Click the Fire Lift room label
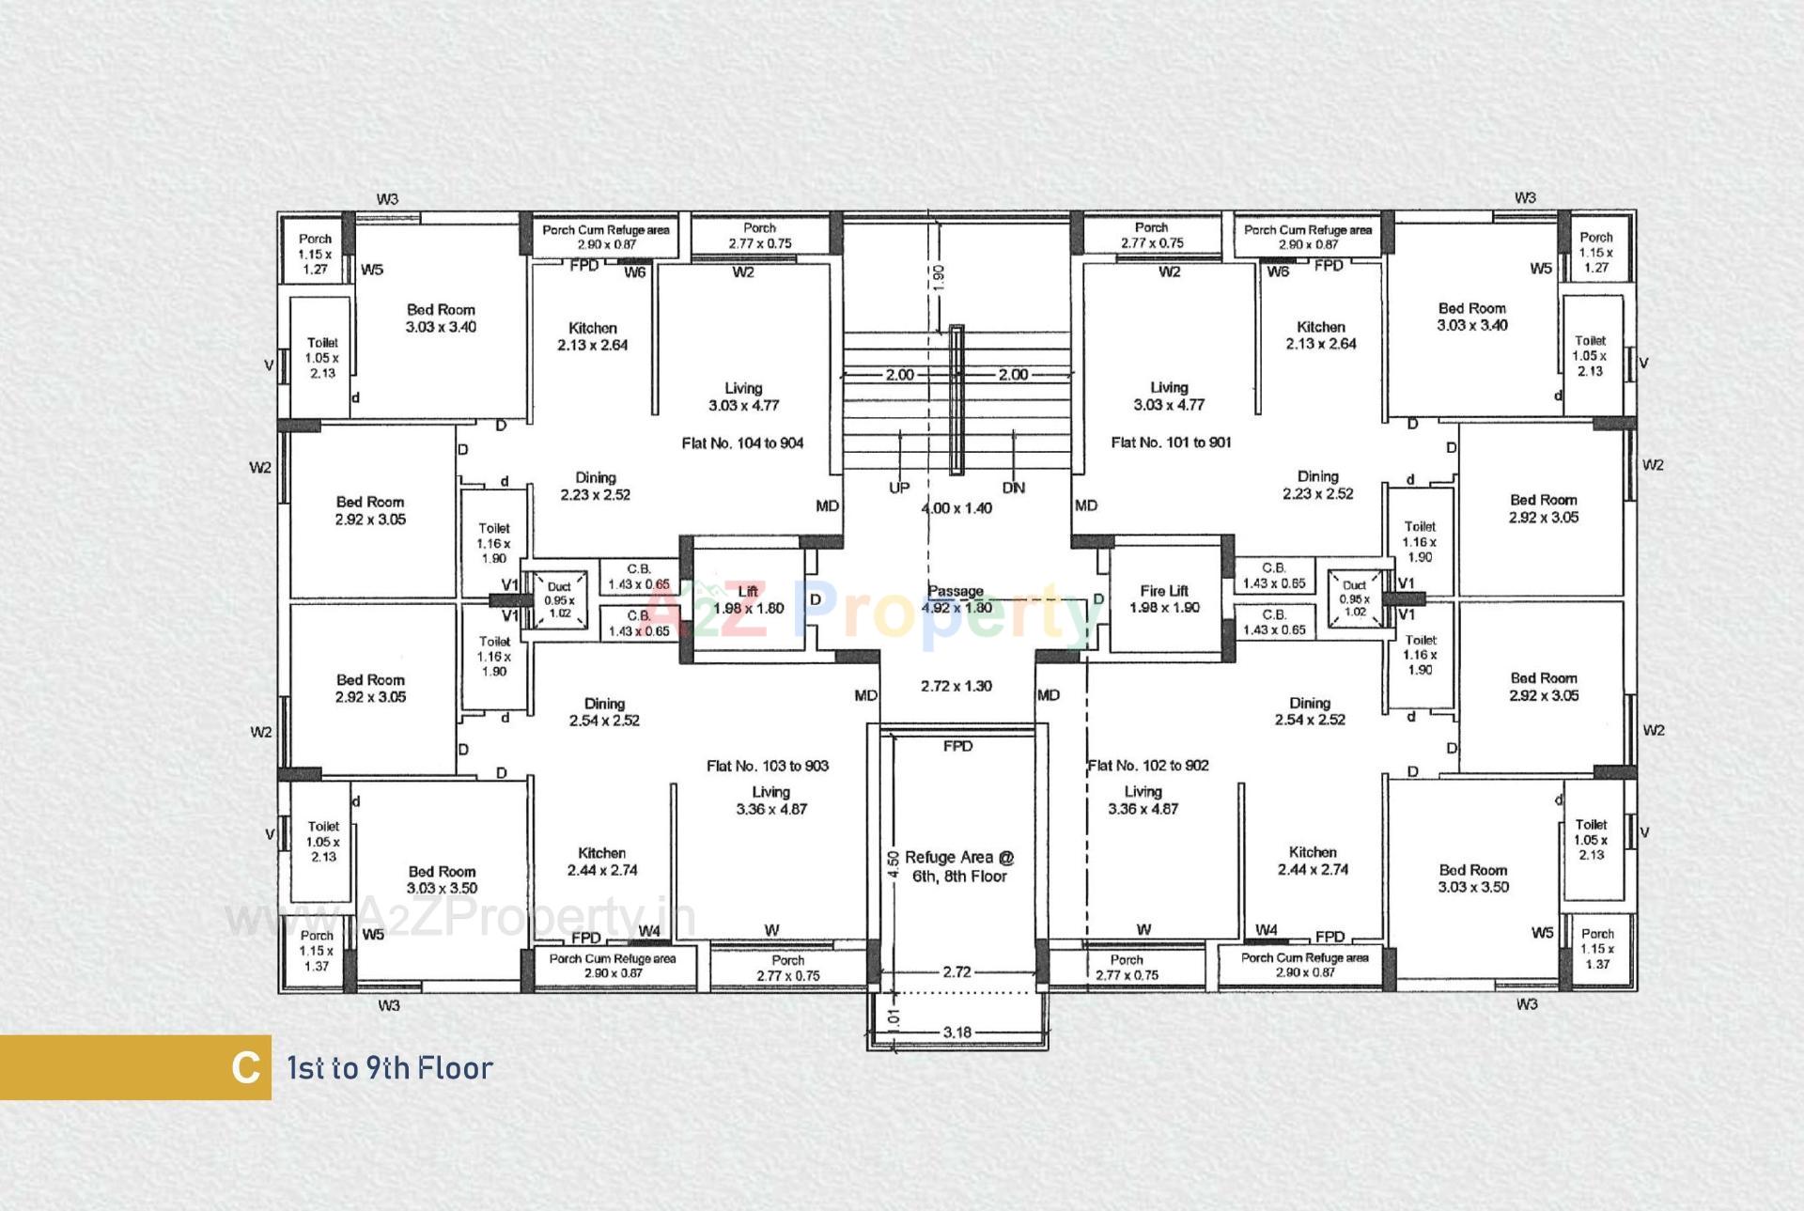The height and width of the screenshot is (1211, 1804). (x=1164, y=599)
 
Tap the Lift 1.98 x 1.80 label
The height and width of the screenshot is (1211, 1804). (x=748, y=600)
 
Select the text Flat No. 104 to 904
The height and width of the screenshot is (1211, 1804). (x=742, y=443)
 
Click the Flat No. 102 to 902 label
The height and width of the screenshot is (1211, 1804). (x=1148, y=766)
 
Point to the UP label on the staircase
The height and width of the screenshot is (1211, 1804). (x=899, y=489)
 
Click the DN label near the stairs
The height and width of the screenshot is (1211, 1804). (x=1014, y=489)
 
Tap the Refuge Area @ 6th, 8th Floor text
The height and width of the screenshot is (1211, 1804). (x=959, y=867)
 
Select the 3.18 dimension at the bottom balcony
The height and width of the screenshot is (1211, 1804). (x=956, y=1032)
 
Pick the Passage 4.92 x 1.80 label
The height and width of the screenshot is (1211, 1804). (x=956, y=599)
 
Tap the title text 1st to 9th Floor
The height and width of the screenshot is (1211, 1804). (x=390, y=1068)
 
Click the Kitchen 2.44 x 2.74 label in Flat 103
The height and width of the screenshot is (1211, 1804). (x=602, y=862)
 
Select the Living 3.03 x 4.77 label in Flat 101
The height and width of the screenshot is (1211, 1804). (x=1169, y=396)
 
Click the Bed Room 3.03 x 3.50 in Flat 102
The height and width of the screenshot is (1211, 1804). (x=1473, y=878)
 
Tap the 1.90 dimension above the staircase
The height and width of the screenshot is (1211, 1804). (x=939, y=277)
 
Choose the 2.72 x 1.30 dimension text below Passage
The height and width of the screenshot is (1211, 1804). (x=956, y=687)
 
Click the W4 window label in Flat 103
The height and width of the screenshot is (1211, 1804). (x=649, y=931)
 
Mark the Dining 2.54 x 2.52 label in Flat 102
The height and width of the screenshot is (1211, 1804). (x=1310, y=711)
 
